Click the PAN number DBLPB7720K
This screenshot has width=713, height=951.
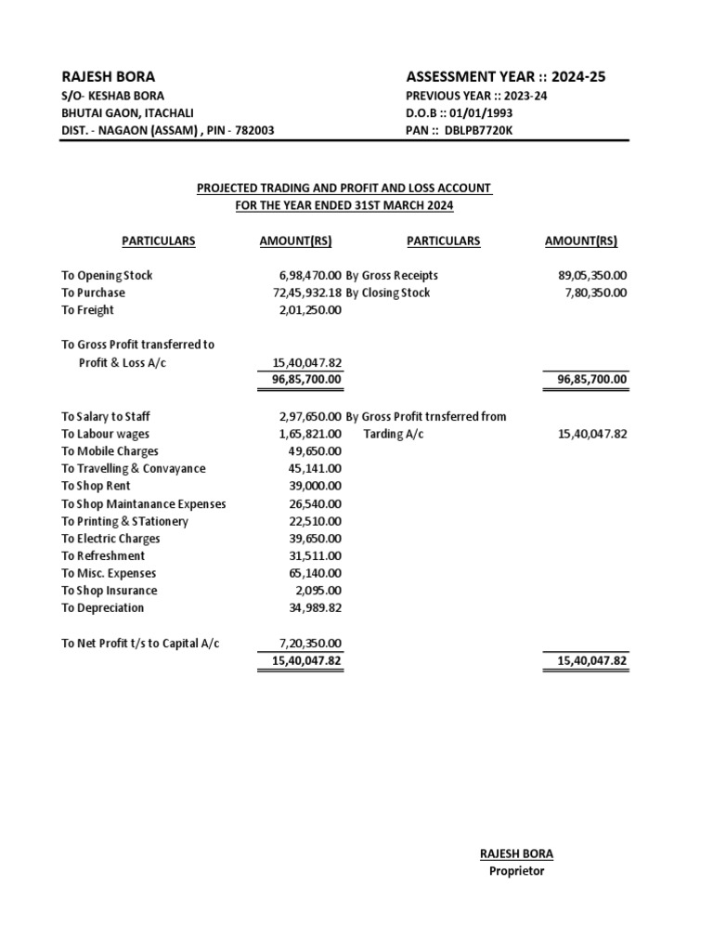[478, 130]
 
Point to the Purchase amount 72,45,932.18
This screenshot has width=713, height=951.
[302, 293]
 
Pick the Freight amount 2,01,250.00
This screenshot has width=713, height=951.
[310, 310]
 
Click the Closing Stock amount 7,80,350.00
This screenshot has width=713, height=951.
[595, 293]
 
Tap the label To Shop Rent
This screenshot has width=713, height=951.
[96, 486]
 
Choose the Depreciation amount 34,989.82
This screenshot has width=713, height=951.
[316, 607]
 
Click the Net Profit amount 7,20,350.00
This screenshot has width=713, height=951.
[310, 643]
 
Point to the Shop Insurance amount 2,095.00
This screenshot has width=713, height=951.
[318, 590]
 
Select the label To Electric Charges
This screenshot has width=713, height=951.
[110, 538]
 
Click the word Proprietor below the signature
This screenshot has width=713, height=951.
[516, 871]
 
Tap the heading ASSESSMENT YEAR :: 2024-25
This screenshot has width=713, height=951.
[505, 76]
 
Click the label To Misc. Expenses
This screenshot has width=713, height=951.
[109, 573]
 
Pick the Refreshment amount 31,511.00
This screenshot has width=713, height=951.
[316, 555]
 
